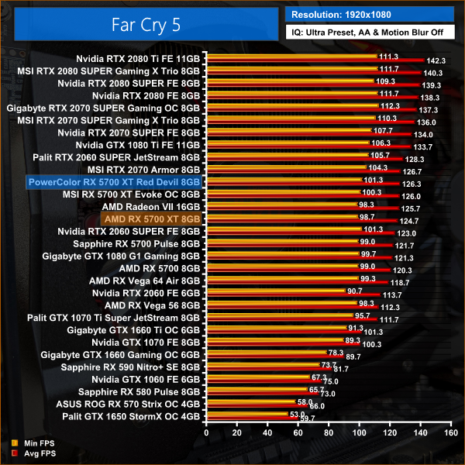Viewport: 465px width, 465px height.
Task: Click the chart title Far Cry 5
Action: [x=139, y=22]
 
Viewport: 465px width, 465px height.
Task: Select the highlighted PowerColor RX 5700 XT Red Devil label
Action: [x=113, y=182]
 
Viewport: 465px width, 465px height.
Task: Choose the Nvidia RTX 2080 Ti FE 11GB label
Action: [x=138, y=57]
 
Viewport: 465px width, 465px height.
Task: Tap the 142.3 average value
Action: [x=436, y=60]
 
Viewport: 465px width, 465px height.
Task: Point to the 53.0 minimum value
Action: [x=298, y=414]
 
